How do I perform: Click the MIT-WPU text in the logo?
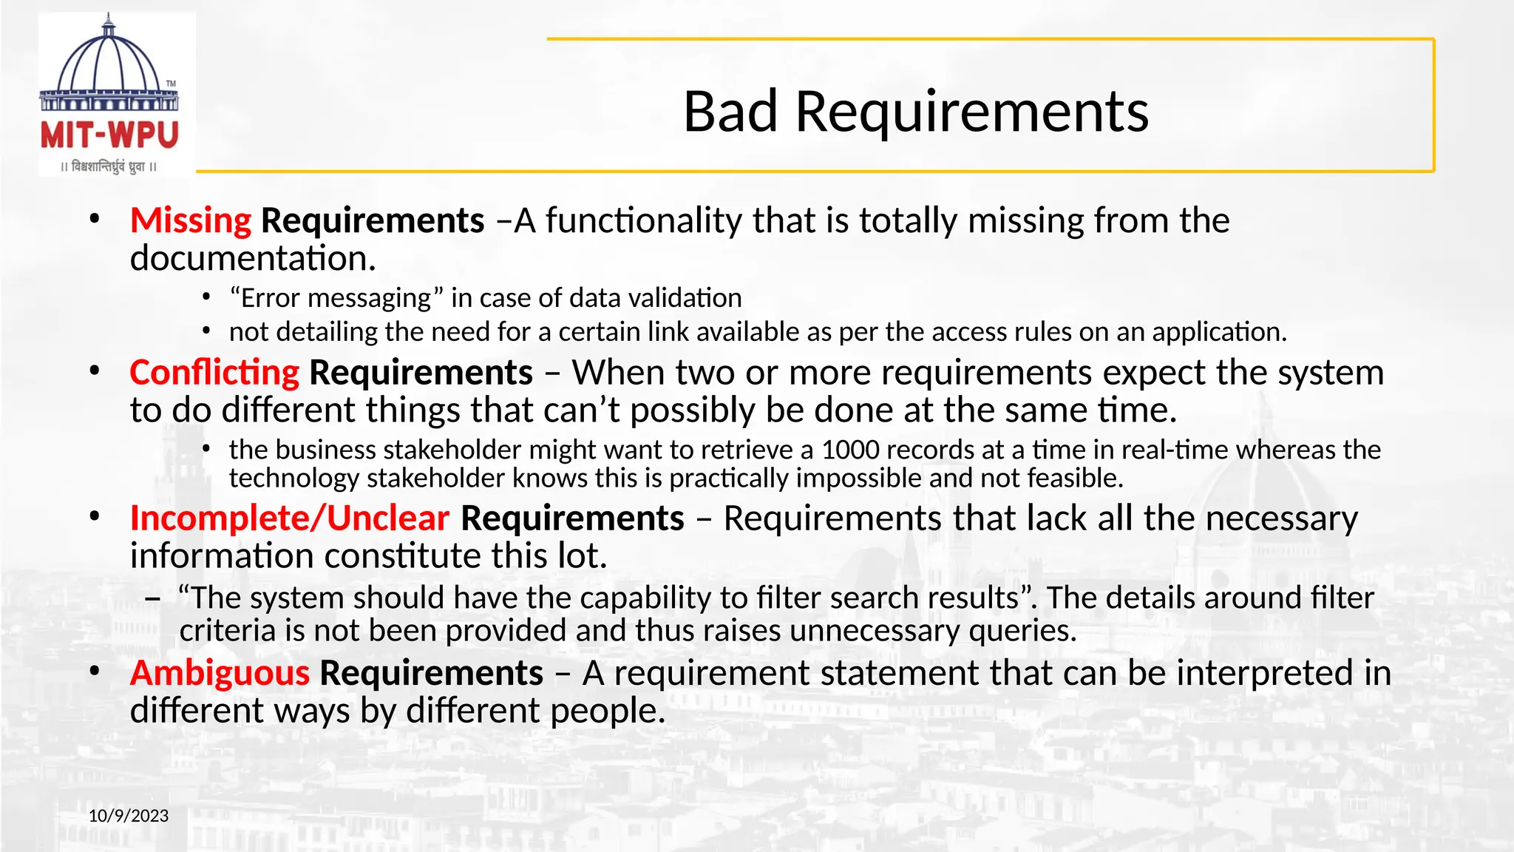pyautogui.click(x=109, y=135)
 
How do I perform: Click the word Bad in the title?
pyautogui.click(x=730, y=112)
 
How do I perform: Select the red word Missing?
pyautogui.click(x=191, y=220)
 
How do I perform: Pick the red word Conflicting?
pyautogui.click(x=214, y=372)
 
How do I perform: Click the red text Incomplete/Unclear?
pyautogui.click(x=289, y=518)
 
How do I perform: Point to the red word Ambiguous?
pyautogui.click(x=220, y=673)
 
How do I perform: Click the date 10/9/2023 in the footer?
pyautogui.click(x=129, y=816)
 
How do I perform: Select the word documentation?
pyautogui.click(x=253, y=258)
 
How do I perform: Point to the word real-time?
pyautogui.click(x=1174, y=450)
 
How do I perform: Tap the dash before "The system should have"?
pyautogui.click(x=153, y=598)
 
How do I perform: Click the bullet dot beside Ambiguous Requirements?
pyautogui.click(x=94, y=672)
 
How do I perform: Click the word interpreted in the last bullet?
pyautogui.click(x=1266, y=673)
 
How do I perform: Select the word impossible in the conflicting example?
pyautogui.click(x=849, y=479)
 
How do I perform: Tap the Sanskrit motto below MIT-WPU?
pyautogui.click(x=109, y=167)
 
